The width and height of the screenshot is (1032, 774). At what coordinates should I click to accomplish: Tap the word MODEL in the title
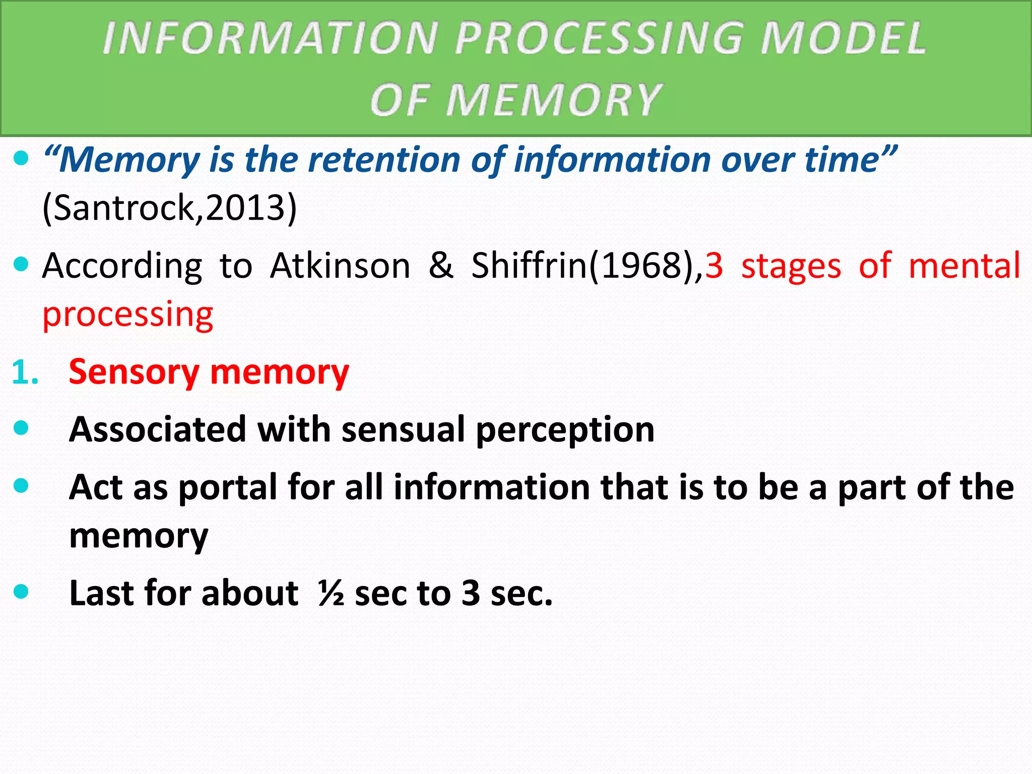(x=843, y=38)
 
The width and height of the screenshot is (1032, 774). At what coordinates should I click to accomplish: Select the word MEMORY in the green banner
(x=553, y=100)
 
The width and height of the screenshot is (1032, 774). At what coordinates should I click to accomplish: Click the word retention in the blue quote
(x=385, y=160)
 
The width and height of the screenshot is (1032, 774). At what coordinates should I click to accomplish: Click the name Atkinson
(x=340, y=266)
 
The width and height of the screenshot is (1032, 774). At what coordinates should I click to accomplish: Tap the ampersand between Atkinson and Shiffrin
(x=441, y=266)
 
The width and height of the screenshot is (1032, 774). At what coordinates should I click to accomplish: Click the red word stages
(x=791, y=266)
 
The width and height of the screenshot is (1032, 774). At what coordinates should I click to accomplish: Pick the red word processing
(x=128, y=315)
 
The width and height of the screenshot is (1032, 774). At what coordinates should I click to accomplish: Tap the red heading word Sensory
(x=134, y=372)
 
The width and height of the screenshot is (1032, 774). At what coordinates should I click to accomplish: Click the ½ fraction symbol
(x=331, y=593)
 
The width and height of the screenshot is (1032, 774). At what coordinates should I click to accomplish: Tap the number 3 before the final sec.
(x=471, y=593)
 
